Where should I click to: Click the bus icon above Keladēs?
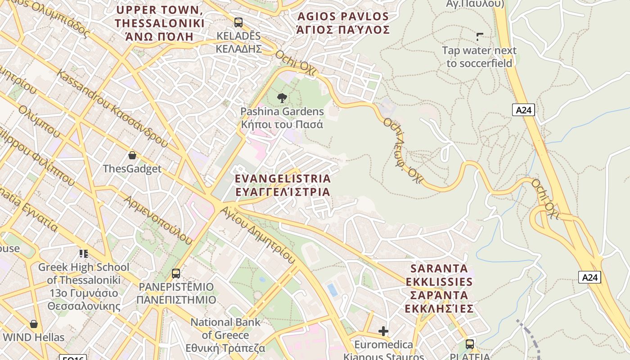(x=238, y=22)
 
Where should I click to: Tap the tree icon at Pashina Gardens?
(x=282, y=98)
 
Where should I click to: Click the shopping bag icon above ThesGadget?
(x=132, y=155)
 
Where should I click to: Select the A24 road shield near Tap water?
(x=523, y=109)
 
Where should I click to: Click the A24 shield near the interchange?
(x=589, y=277)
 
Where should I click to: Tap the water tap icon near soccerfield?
(x=480, y=36)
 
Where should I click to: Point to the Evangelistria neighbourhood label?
(x=283, y=185)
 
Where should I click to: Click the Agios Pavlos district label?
(x=343, y=23)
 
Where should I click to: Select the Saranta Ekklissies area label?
(x=439, y=288)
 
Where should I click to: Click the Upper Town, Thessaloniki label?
(x=159, y=23)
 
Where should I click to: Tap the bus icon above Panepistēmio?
(x=176, y=273)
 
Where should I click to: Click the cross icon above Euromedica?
(x=383, y=332)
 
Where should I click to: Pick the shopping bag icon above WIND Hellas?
(x=34, y=324)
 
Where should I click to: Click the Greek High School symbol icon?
(x=83, y=254)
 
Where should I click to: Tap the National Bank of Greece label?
(x=225, y=335)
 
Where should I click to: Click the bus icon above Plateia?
(x=470, y=344)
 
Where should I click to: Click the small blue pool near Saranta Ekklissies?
(x=333, y=290)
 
